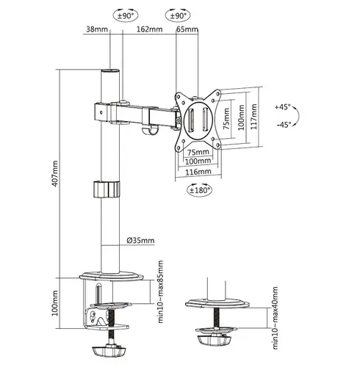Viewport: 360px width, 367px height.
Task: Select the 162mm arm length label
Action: [x=149, y=30]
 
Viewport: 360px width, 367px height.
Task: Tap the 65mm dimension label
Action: [x=187, y=30]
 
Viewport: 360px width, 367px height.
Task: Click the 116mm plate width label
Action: [x=199, y=171]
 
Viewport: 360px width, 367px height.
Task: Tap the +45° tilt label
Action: [x=284, y=106]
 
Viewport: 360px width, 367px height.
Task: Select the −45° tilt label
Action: [x=284, y=125]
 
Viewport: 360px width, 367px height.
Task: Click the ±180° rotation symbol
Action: [x=199, y=190]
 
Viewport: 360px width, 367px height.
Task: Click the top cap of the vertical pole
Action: [x=110, y=71]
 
